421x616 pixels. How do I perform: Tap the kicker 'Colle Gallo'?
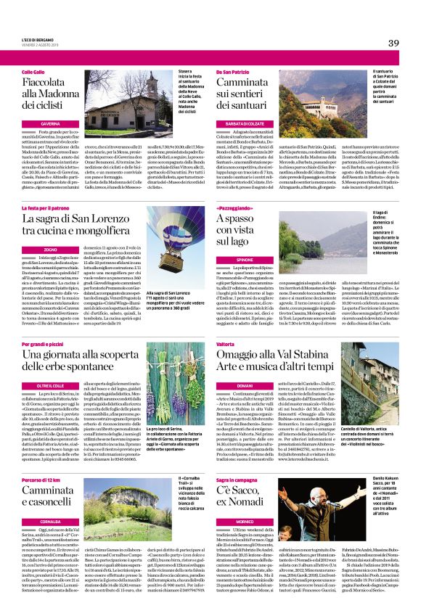click(x=33, y=73)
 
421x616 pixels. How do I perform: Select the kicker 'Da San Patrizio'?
click(x=234, y=73)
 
